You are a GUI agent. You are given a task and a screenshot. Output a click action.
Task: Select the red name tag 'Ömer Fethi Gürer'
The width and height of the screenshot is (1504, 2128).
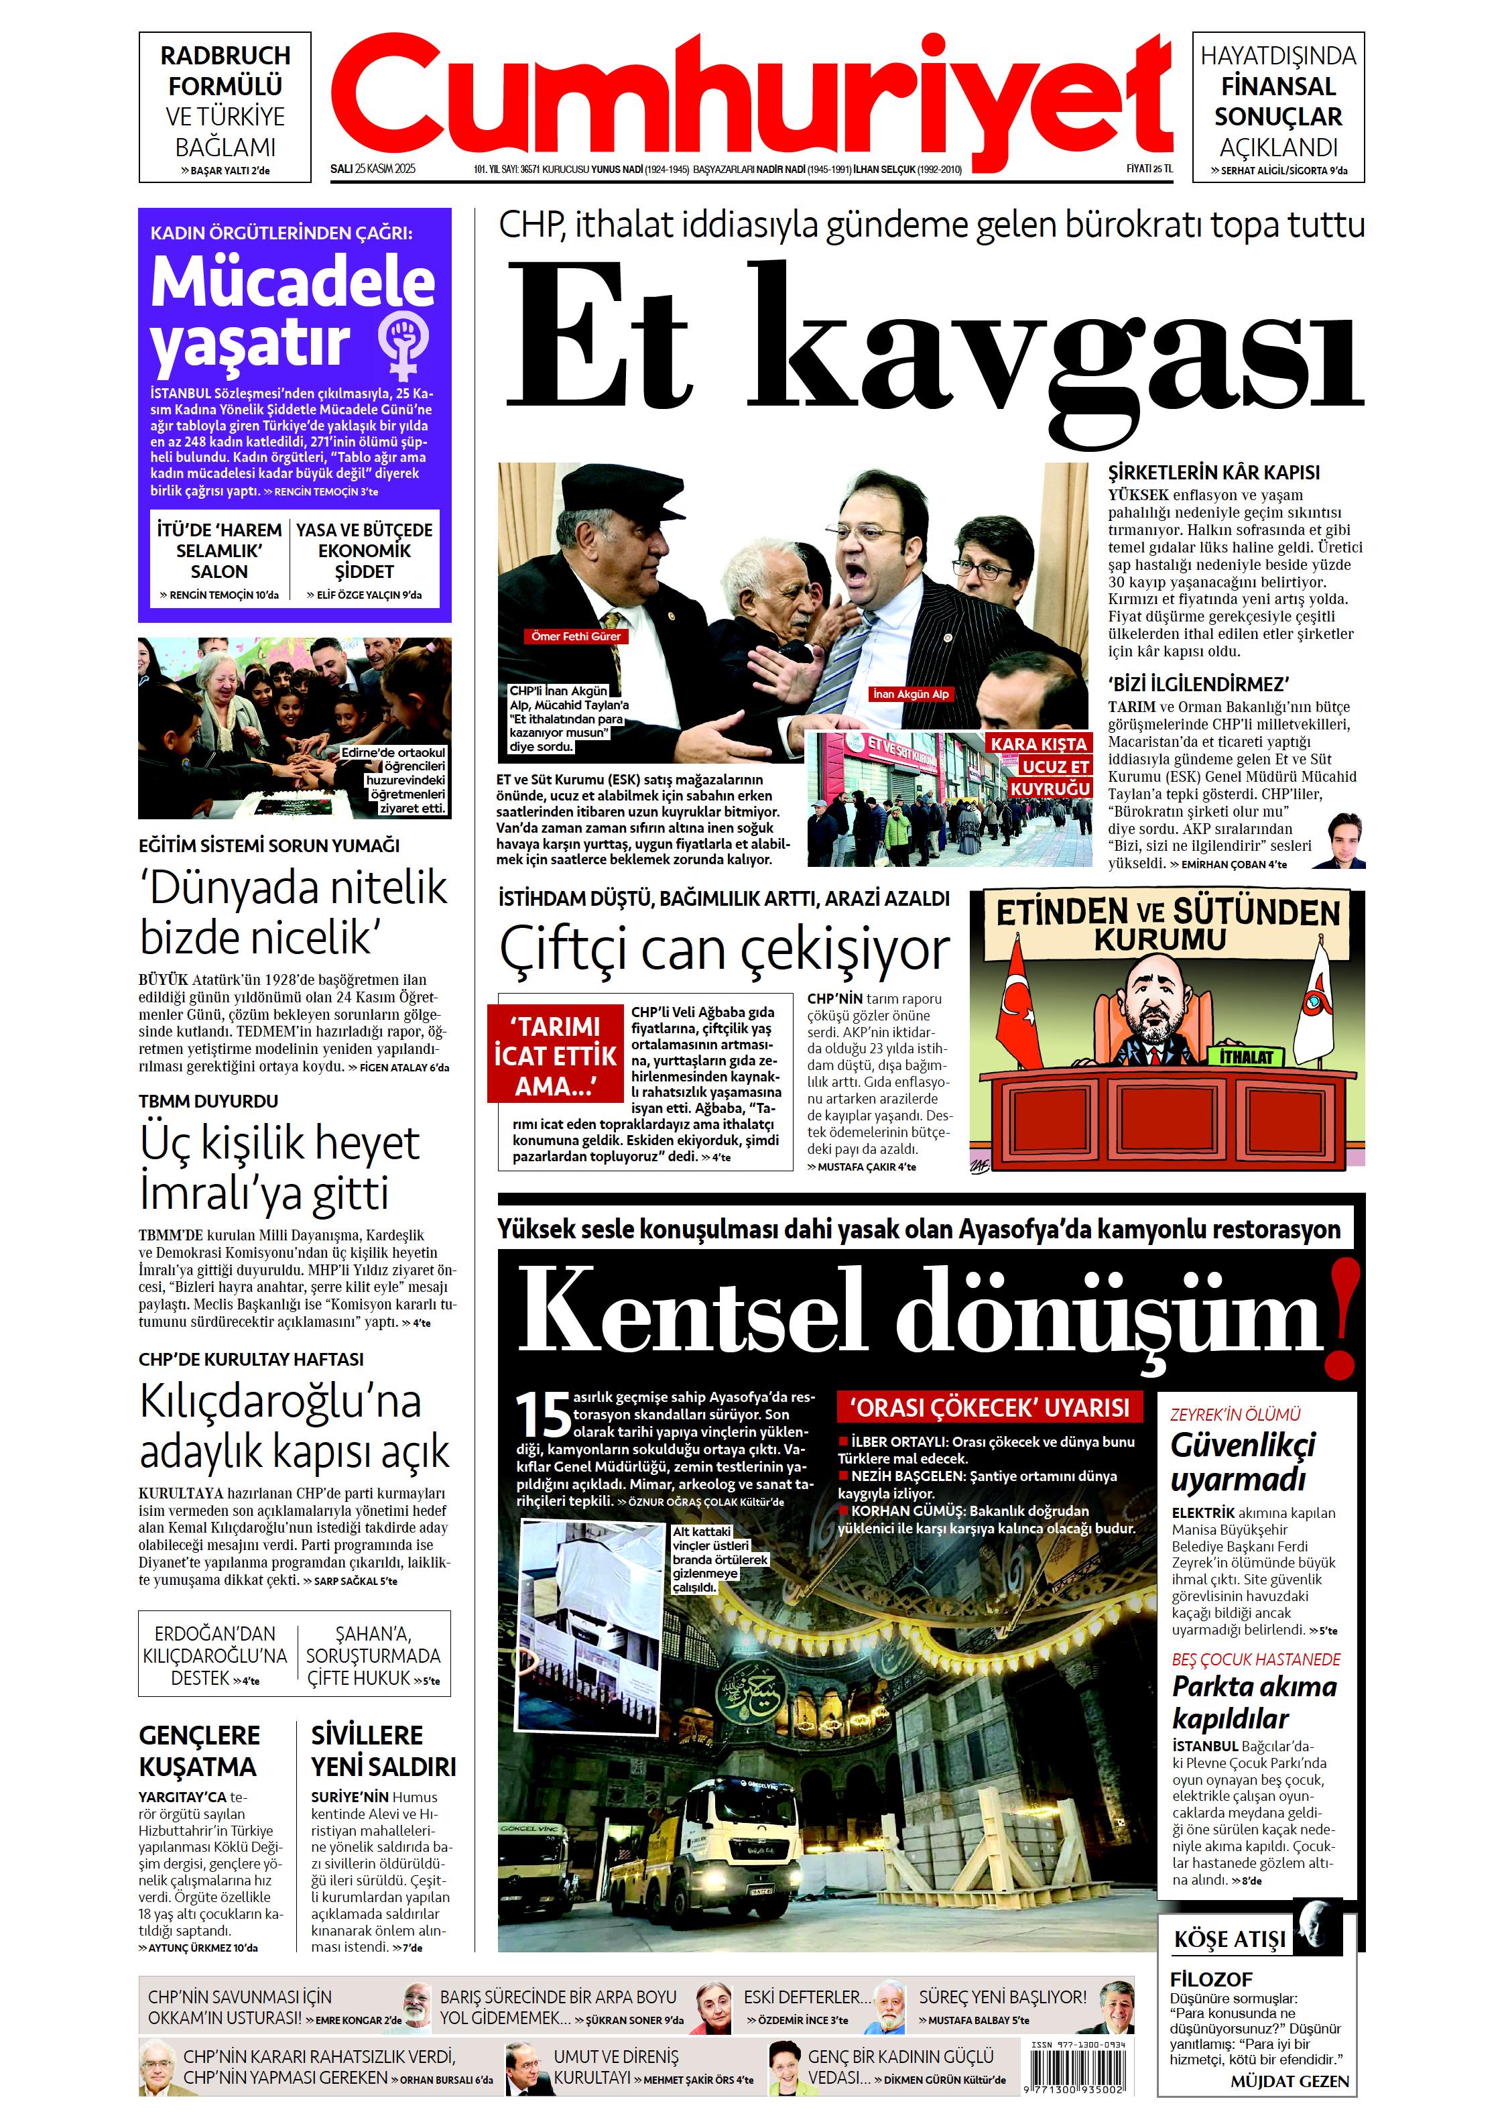576,637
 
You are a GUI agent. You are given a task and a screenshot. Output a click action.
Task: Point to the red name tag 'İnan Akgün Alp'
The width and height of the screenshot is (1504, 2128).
911,693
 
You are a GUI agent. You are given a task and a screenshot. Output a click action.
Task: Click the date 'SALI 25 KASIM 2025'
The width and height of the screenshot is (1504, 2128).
373,170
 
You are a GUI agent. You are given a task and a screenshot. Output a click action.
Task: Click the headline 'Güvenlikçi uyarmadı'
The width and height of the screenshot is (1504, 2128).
1242,1462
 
